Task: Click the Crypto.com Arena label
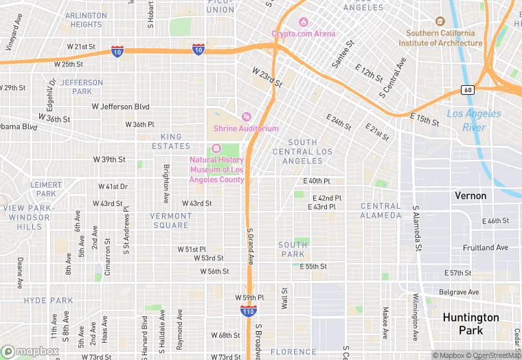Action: (303, 33)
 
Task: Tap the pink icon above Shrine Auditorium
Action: (247, 115)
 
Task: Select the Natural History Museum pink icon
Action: (216, 148)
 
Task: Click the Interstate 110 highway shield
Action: (249, 312)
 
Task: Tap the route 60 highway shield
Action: (467, 90)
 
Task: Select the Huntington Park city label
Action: (471, 324)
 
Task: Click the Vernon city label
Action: (470, 196)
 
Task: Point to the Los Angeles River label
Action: (473, 120)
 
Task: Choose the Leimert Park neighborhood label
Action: (47, 189)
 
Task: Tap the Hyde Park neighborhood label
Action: (48, 300)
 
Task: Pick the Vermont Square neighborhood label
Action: (171, 221)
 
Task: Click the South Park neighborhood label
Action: (293, 249)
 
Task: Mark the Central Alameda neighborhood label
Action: (381, 210)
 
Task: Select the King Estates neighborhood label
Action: (170, 142)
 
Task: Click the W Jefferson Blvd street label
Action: (121, 107)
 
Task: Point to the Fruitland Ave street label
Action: (485, 247)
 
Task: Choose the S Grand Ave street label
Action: (251, 246)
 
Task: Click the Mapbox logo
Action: (30, 351)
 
